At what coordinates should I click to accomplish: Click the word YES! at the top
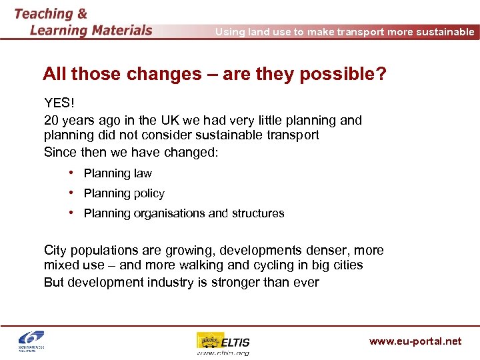59,103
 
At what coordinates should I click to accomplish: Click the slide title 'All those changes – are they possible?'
214,74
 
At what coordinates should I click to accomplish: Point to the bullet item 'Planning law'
117,173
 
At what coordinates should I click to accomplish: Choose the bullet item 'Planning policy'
124,193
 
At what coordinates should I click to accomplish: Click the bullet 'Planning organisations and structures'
184,213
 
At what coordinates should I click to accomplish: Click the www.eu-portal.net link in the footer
415,341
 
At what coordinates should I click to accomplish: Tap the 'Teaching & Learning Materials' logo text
83,22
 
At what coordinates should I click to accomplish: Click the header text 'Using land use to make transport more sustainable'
345,31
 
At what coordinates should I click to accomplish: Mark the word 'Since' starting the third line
60,151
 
